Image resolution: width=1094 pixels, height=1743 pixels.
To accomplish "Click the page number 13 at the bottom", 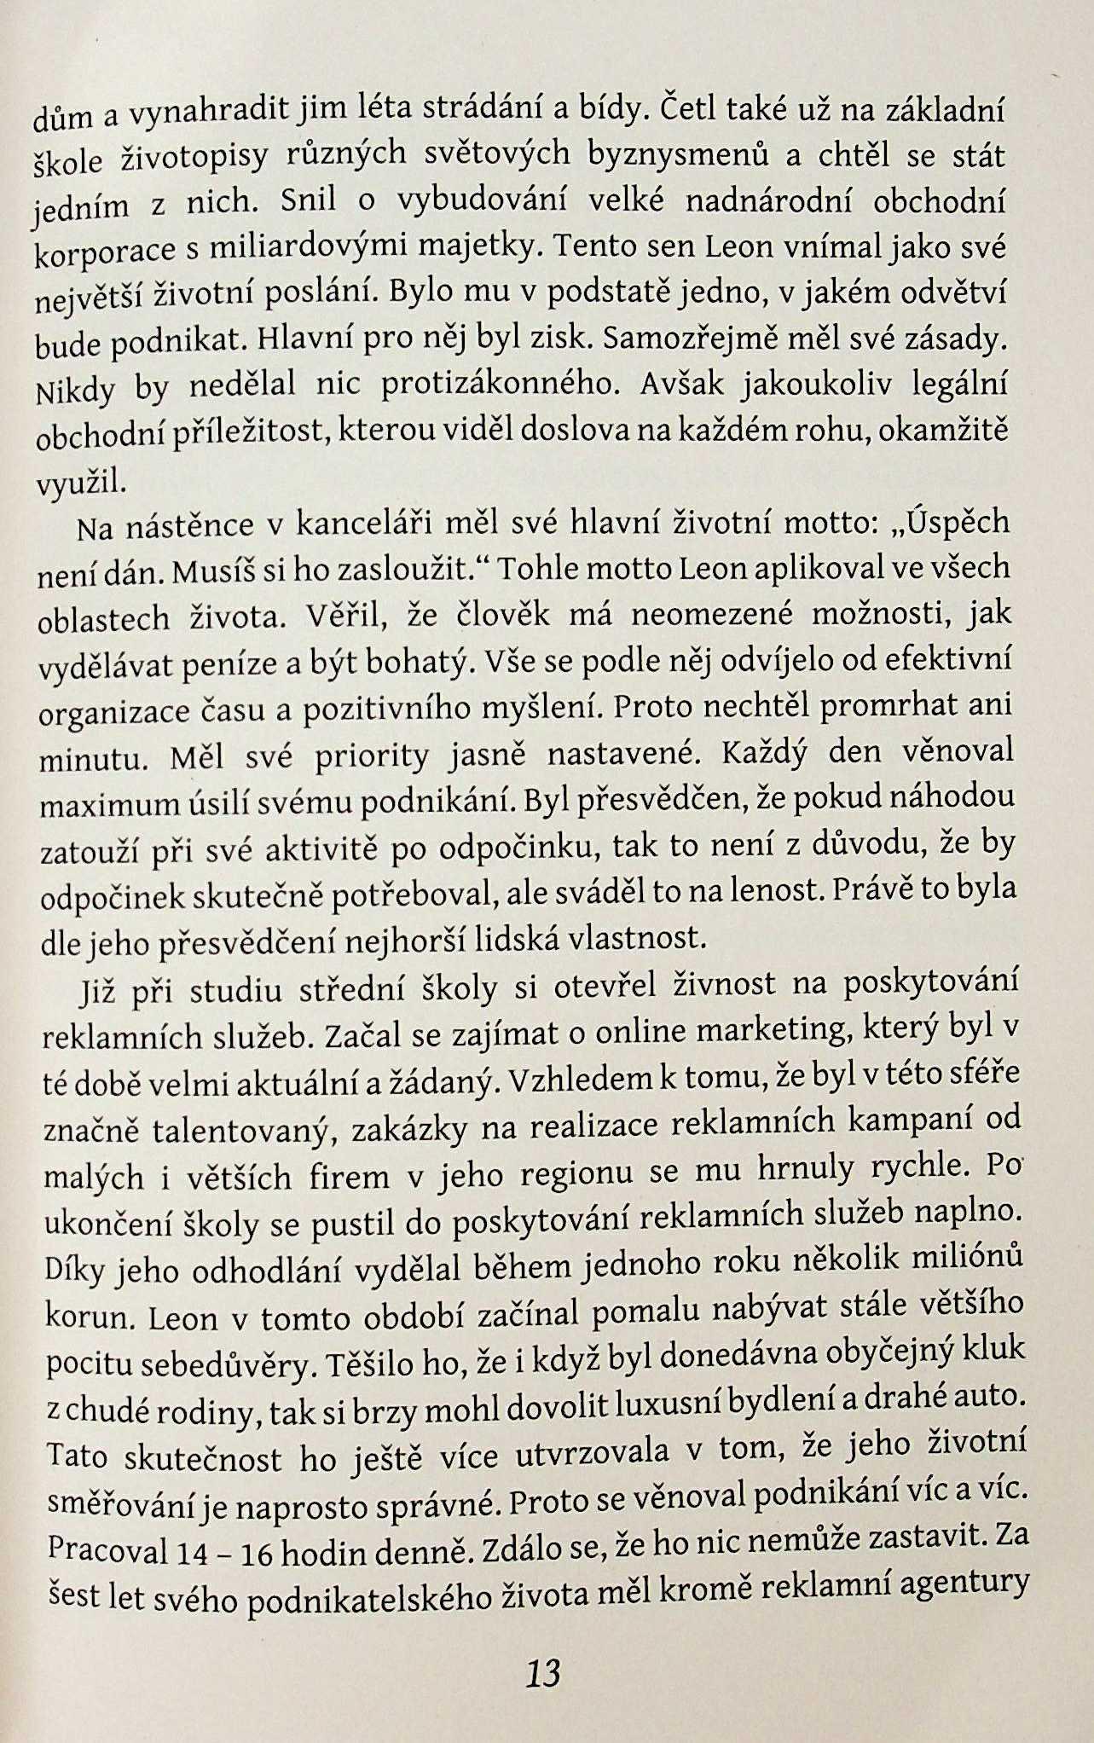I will coord(543,1674).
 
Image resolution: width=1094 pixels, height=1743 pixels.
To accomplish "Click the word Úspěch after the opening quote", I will coord(958,521).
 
